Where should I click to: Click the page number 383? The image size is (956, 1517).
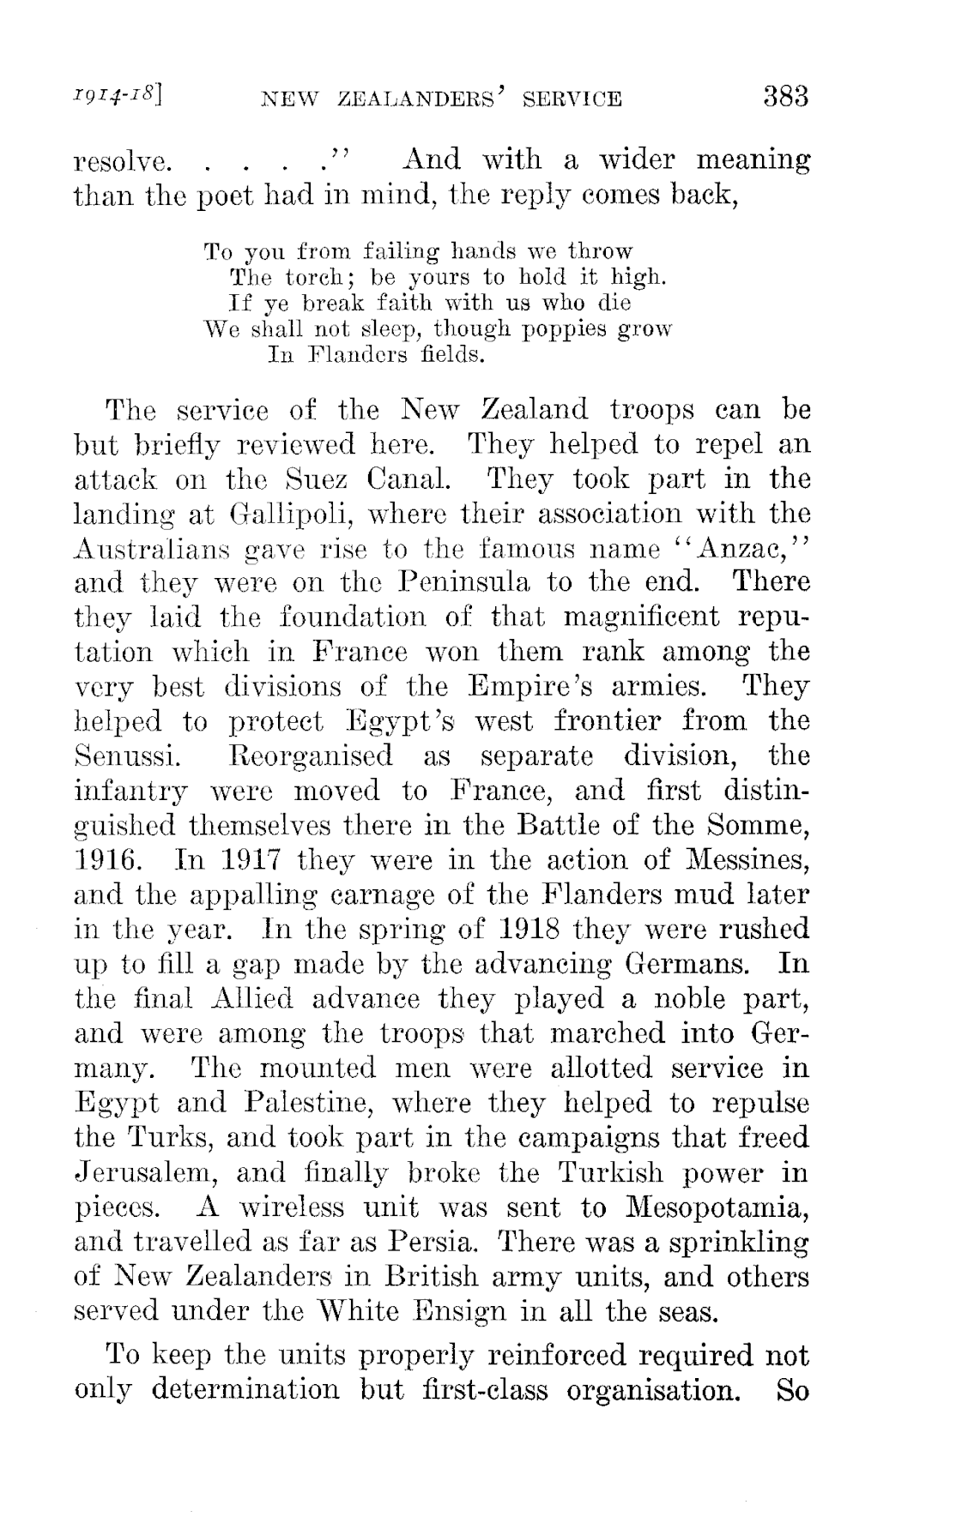tap(784, 96)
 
